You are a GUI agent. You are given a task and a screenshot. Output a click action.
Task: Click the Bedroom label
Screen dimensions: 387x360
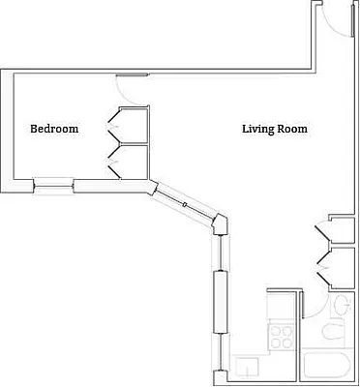(x=54, y=129)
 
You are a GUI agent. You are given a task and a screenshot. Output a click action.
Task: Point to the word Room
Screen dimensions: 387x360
(x=294, y=129)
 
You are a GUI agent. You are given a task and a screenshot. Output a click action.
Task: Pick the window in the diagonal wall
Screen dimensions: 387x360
(x=184, y=205)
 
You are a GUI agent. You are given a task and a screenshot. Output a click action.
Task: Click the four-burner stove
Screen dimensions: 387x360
(x=282, y=337)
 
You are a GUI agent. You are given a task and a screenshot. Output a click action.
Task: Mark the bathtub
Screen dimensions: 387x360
(x=329, y=368)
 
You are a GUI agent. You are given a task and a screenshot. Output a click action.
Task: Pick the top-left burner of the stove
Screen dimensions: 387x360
(x=276, y=331)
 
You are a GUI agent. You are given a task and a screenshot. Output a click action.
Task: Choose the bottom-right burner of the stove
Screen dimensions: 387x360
(x=287, y=342)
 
